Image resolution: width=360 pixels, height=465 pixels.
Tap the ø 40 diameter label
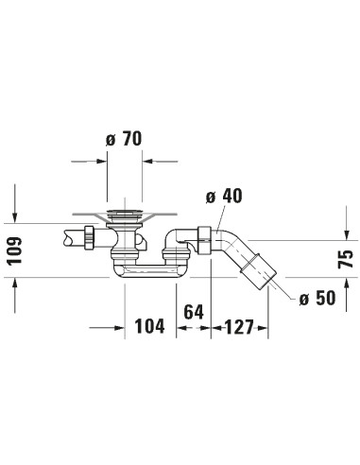click(x=224, y=196)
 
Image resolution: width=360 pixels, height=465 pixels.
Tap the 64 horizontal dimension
click(x=195, y=313)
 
